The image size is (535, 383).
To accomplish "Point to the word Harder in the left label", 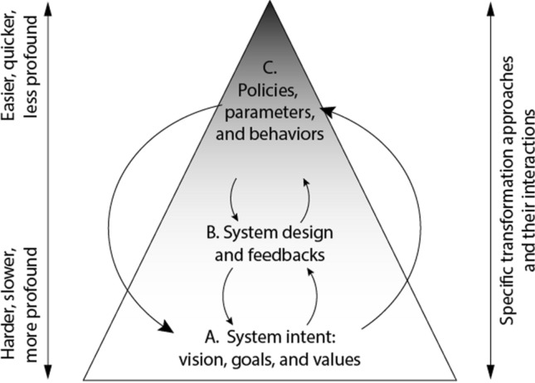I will coord(11,324).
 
